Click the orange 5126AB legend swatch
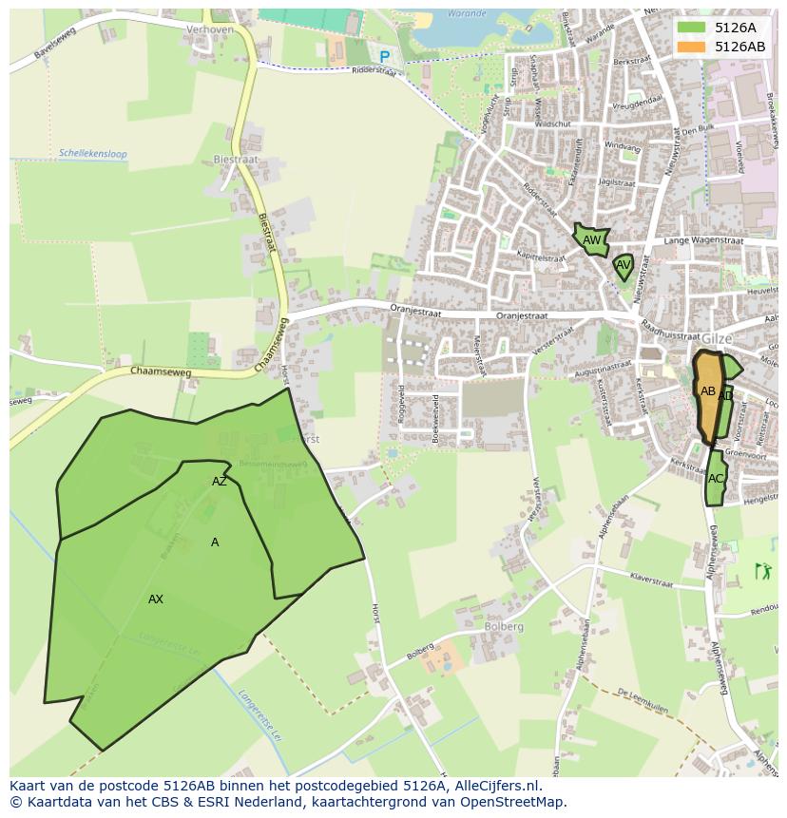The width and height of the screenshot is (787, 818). coord(692,47)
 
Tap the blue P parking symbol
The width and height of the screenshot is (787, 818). coord(385,57)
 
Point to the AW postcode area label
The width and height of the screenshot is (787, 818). coord(591,240)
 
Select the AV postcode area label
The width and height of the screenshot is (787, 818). coord(624,265)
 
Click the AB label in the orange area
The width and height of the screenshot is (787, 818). coord(708,390)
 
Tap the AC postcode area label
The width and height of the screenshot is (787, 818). coord(716,478)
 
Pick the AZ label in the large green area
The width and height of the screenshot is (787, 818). coord(220,481)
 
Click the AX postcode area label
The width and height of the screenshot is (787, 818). coord(156,599)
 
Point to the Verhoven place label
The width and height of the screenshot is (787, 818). coord(209,29)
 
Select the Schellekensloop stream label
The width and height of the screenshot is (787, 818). coord(92,153)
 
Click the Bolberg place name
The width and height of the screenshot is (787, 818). coord(503,626)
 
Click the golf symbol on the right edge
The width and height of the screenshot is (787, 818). coord(762,571)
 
